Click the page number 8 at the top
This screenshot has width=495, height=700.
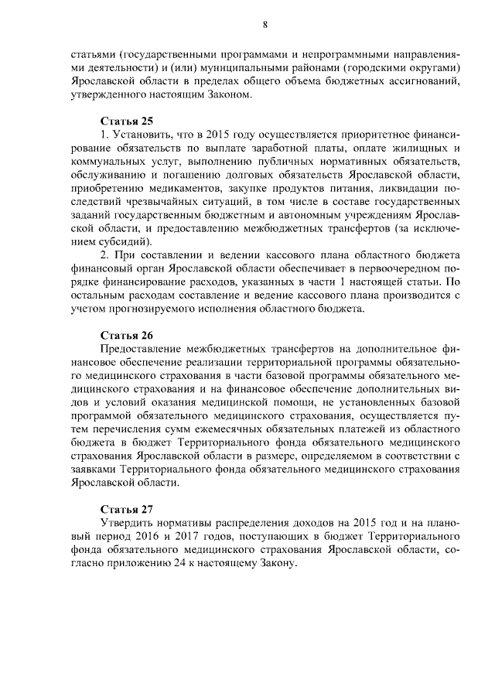pos(265,25)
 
